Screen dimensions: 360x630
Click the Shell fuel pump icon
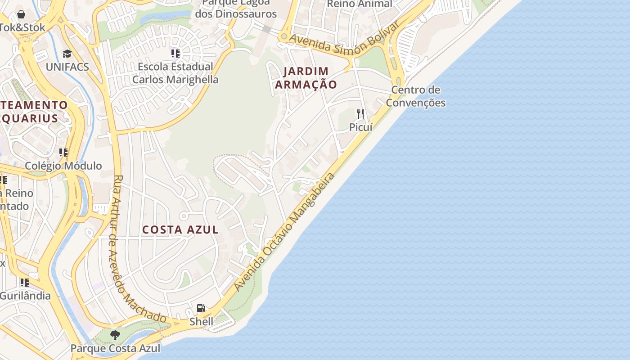201,308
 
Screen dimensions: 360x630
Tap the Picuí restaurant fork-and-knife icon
360,113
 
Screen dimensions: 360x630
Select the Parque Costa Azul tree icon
115,335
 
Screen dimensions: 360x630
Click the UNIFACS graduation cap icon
67,54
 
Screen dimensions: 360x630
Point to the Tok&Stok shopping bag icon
21,14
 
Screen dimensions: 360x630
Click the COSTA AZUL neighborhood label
180,230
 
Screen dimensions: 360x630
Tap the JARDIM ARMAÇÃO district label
306,78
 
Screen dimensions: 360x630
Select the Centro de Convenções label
415,96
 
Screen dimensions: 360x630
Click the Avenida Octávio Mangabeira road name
284,231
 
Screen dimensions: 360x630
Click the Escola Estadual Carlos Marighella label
175,73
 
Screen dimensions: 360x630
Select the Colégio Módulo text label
63,166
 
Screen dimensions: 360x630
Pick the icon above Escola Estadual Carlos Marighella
175,54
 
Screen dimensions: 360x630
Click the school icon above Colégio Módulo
63,153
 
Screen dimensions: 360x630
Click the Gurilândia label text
25,296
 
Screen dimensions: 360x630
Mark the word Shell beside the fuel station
201,322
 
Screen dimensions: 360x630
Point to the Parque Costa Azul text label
115,348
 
